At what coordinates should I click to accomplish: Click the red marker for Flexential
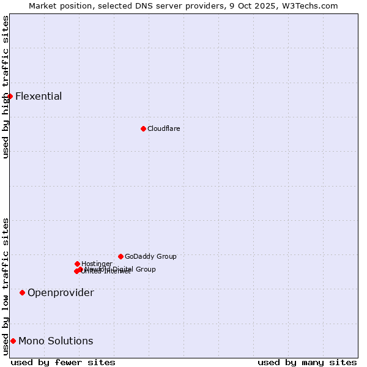10,96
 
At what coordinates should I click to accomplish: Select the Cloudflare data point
143,128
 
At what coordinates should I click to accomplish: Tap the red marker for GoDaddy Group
120,256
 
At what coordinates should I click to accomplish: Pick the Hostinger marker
77,264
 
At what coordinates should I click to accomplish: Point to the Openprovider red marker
22,292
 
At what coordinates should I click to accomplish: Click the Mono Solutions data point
13,341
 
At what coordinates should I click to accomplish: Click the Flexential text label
39,96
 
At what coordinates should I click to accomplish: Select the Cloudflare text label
164,128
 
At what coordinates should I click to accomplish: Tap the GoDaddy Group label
150,256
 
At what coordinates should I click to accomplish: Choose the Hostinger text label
97,264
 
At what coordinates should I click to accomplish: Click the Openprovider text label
61,292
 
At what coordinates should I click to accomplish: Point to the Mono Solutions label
56,341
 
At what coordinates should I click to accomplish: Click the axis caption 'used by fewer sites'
63,362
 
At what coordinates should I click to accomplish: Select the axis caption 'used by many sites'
307,362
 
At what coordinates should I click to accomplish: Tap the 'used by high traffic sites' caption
6,87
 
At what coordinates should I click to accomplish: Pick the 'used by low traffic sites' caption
6,286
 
